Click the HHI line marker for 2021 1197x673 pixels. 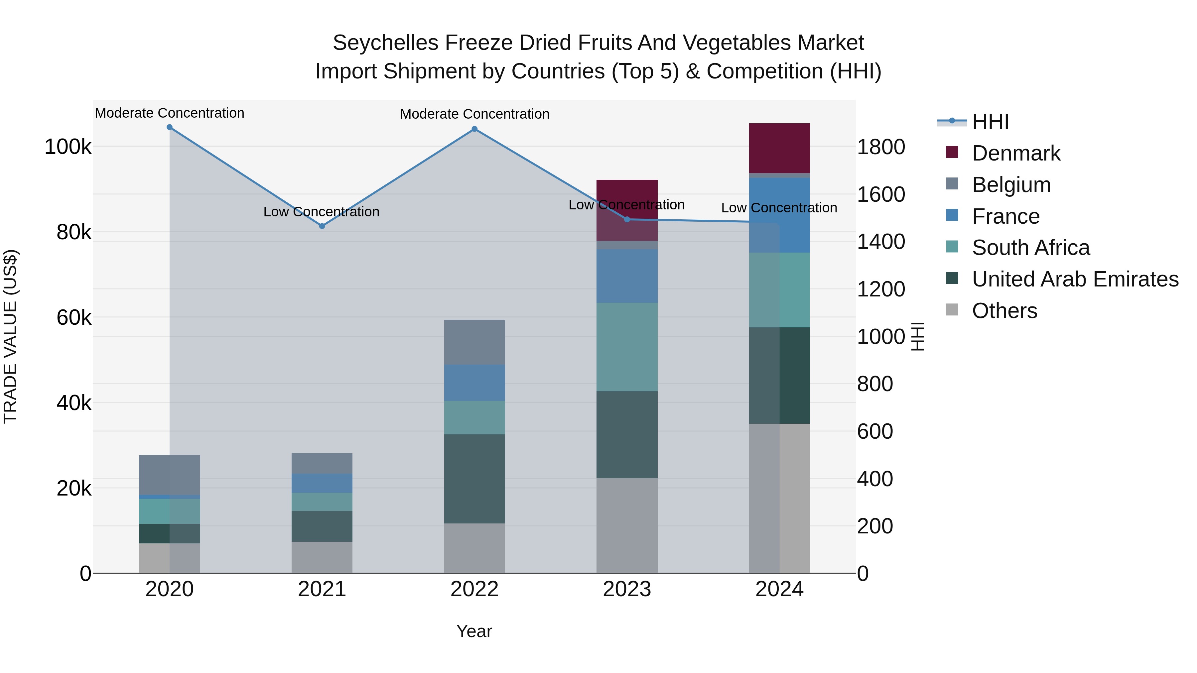click(322, 226)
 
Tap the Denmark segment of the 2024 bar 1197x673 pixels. click(779, 148)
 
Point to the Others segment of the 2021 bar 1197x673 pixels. click(322, 557)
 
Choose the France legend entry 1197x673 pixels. click(1005, 216)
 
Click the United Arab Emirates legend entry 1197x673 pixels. click(1075, 279)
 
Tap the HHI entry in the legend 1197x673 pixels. click(990, 122)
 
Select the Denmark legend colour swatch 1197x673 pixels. click(952, 152)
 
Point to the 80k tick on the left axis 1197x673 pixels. click(73, 232)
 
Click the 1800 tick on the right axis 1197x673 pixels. click(880, 147)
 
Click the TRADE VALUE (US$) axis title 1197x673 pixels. click(11, 336)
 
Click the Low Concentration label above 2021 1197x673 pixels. click(321, 212)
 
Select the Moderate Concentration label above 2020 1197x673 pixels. click(170, 113)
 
